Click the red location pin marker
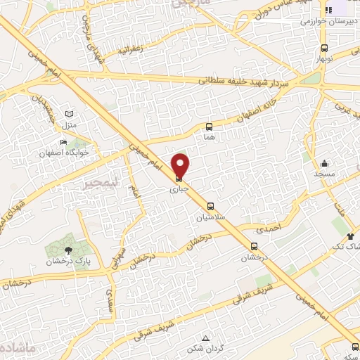click(x=181, y=166)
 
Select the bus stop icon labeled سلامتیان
click(x=211, y=207)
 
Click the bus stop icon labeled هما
click(x=209, y=127)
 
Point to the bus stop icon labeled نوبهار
click(x=324, y=49)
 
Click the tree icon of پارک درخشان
click(x=68, y=250)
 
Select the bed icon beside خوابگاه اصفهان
click(x=64, y=143)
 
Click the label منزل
click(x=69, y=124)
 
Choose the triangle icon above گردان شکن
click(x=205, y=338)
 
